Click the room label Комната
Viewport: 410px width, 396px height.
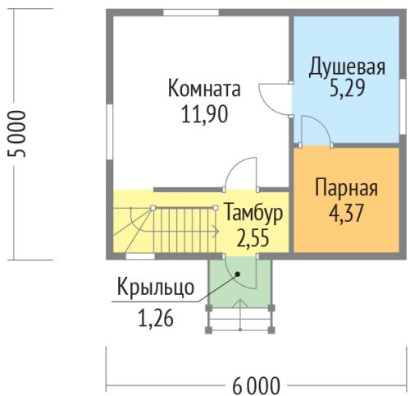[204, 88]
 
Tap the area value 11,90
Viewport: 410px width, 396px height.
[204, 114]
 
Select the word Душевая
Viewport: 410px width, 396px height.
[347, 67]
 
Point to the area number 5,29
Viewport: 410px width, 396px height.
[347, 88]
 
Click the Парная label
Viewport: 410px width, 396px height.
[346, 188]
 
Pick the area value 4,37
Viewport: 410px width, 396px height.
[346, 213]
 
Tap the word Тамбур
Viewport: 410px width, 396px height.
[253, 213]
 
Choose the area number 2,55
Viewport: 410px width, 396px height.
[253, 237]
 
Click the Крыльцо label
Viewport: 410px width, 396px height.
[156, 288]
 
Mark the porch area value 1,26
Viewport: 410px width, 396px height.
[156, 319]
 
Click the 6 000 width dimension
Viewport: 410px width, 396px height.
[256, 386]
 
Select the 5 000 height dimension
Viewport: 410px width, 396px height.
[17, 134]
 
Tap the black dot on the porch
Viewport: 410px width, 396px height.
[238, 274]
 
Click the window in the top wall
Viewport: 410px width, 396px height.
[191, 12]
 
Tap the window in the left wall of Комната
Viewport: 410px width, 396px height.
[109, 132]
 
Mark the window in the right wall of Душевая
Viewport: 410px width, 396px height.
[403, 107]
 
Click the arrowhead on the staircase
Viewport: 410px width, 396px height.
[216, 232]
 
